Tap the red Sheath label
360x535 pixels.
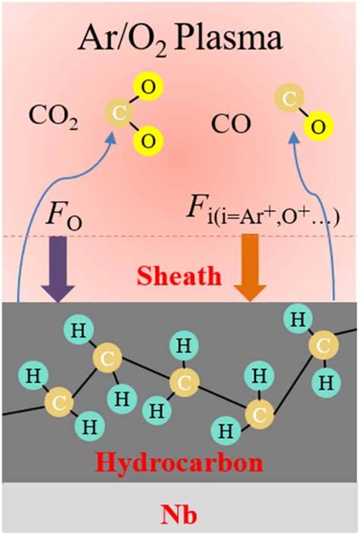pos(179,276)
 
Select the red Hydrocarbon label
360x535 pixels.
pos(180,463)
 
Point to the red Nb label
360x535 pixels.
pos(180,514)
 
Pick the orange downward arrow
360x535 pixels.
pos(251,268)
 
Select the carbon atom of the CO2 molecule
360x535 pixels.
pos(119,113)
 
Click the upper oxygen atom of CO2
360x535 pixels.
pos(149,87)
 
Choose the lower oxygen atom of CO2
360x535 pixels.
pos(149,141)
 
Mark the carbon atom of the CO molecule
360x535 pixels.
pos(289,100)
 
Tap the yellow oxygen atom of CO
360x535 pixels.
pos(318,127)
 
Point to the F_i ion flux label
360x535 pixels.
pos(263,215)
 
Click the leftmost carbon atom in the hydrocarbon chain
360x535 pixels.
pos(59,403)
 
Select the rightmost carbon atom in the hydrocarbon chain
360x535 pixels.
pos(324,346)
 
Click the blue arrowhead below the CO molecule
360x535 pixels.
pos(294,138)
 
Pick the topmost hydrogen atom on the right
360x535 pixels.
pos(298,319)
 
